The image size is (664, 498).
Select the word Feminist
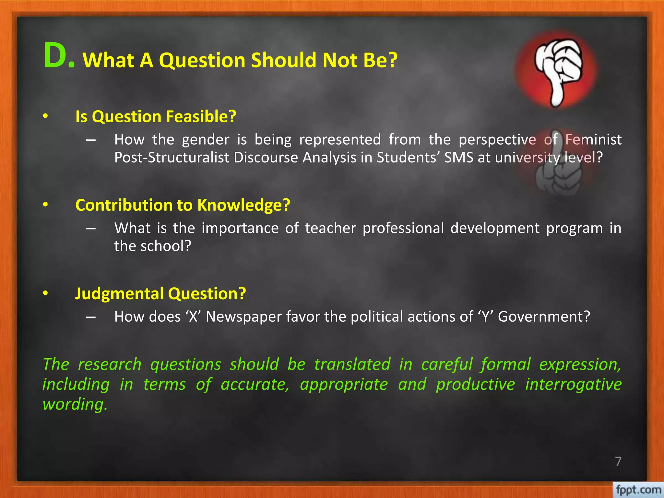(x=593, y=140)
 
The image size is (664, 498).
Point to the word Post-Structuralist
(x=172, y=158)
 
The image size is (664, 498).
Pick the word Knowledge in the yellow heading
(x=243, y=205)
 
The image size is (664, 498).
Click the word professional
(x=403, y=228)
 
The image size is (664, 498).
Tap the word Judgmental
(x=119, y=293)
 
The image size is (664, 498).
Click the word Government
(x=544, y=317)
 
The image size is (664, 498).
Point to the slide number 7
(x=618, y=461)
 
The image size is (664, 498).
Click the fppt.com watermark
(x=638, y=489)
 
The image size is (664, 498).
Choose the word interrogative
(x=573, y=385)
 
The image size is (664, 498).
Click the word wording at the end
(x=75, y=405)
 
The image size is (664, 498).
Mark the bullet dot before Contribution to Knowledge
(x=45, y=205)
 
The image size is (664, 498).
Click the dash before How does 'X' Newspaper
(x=91, y=317)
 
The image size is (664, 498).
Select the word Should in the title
(x=283, y=60)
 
